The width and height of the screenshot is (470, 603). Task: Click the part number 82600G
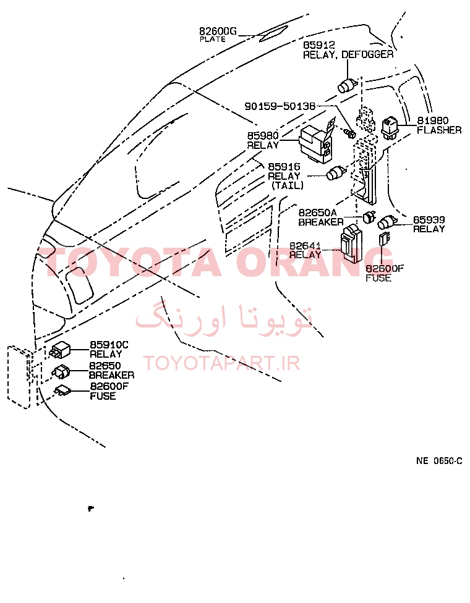coord(218,31)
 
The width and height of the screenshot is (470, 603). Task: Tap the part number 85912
coord(319,45)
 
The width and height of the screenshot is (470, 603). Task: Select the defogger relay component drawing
coord(348,85)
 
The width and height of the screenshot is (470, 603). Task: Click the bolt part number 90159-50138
coord(280,106)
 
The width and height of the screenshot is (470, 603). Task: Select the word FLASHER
coord(439,130)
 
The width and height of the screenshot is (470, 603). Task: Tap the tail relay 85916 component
coord(336,173)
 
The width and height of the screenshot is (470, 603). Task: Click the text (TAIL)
coord(288,185)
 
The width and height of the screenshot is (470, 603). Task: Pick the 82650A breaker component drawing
coord(369,217)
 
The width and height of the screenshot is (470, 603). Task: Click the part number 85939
coord(429,219)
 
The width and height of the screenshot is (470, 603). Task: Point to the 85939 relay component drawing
coord(388,223)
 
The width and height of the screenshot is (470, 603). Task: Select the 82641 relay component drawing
coord(351,243)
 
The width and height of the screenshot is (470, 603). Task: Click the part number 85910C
coord(109,345)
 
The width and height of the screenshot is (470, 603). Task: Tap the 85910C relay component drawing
coord(59,349)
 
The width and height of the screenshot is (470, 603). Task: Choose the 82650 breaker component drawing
coord(61,371)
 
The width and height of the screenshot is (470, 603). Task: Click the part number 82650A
coord(318,213)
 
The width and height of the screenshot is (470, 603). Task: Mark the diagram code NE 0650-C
coord(439,461)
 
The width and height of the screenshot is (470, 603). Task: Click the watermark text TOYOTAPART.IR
coord(221,363)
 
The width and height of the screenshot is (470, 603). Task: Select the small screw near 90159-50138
coord(350,133)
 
